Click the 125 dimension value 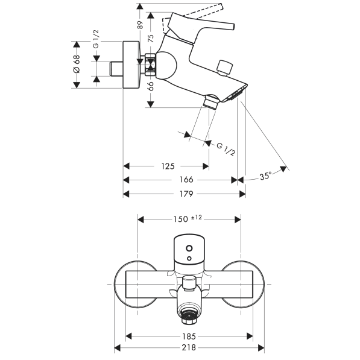tap(168, 166)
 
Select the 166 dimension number tap(186, 180)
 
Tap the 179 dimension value tap(186, 194)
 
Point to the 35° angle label tap(266, 176)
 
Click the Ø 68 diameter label tap(77, 64)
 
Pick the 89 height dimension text tap(140, 25)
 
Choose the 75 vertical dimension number tap(151, 39)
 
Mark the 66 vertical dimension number tap(151, 86)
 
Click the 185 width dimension tap(189, 336)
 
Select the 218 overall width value tap(189, 347)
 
